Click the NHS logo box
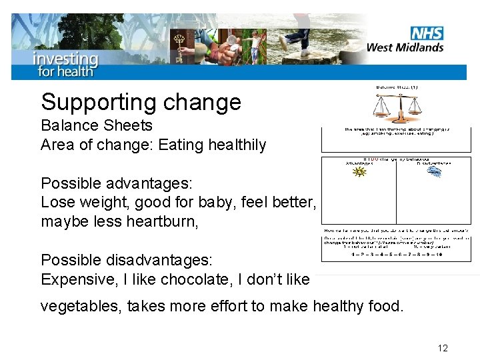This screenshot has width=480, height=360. click(427, 33)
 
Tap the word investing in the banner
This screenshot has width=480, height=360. click(65, 58)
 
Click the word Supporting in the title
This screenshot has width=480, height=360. click(96, 102)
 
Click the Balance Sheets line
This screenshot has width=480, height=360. click(97, 125)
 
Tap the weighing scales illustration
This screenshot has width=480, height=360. click(397, 107)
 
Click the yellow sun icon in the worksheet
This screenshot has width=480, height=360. click(360, 172)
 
